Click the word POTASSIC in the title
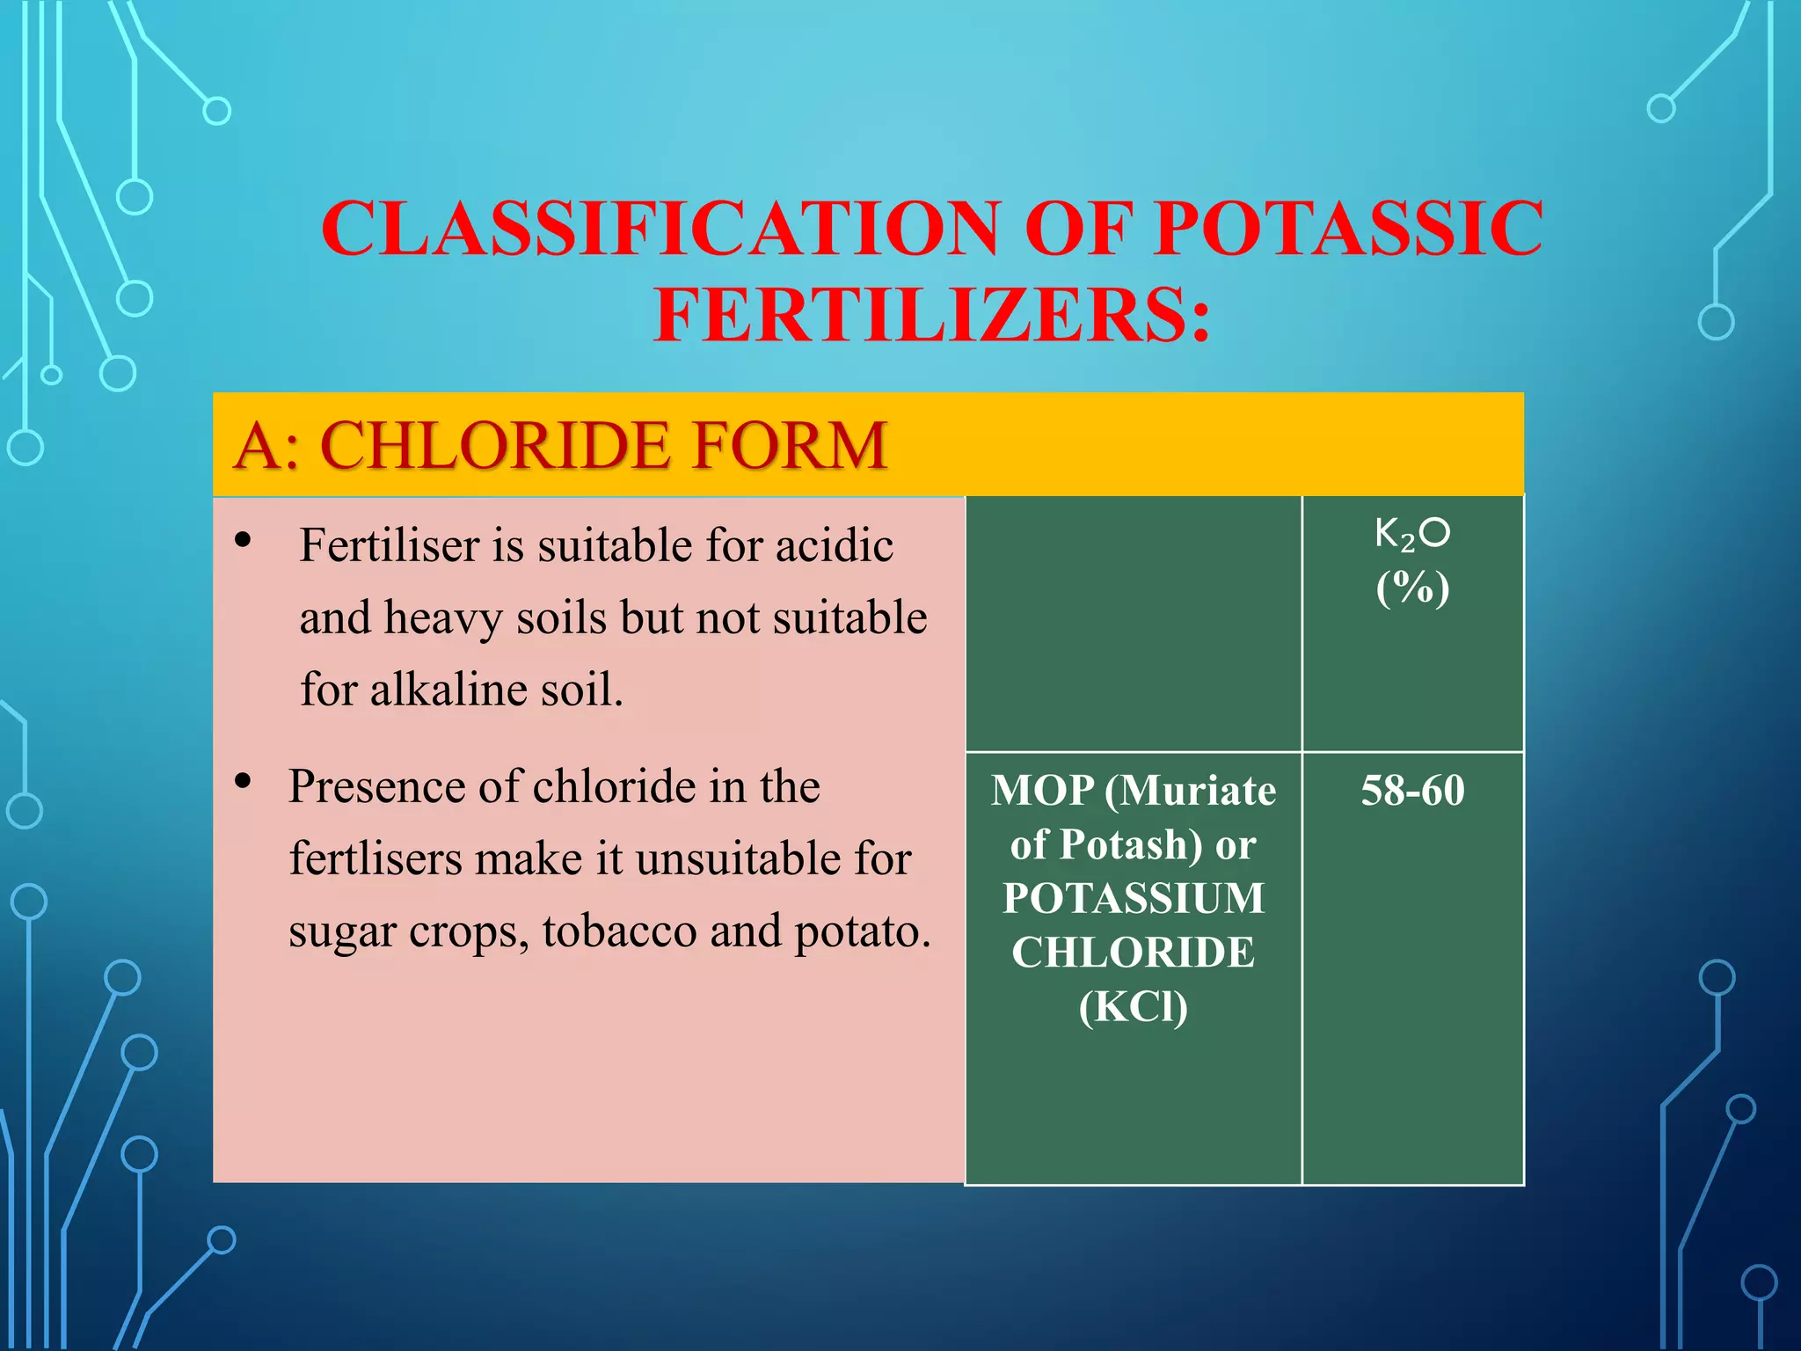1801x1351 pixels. (1349, 229)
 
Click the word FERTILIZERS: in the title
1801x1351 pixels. (932, 315)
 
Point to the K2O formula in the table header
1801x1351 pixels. (1411, 534)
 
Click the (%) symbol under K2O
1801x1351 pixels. (1412, 588)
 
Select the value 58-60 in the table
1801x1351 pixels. (1412, 790)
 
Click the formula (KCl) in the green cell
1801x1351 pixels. (1133, 1006)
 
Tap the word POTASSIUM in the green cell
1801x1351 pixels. (1133, 898)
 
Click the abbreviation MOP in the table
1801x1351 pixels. (1042, 790)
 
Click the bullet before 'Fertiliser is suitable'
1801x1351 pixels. (244, 539)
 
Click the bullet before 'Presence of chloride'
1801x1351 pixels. (244, 780)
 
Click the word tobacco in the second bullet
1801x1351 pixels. (619, 931)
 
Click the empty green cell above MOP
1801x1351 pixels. (1133, 624)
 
